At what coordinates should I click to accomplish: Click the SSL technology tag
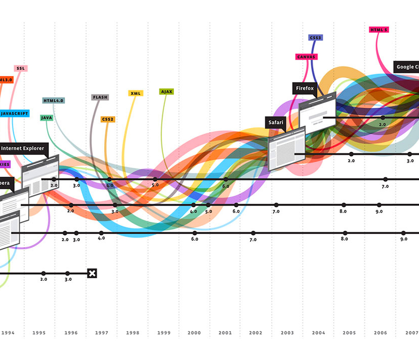[20, 69]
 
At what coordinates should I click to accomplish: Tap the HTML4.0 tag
[53, 100]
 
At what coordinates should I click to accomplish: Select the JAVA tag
[47, 118]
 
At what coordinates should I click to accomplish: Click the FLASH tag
[100, 97]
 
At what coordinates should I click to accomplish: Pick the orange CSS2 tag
[108, 119]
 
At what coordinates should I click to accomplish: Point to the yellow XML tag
[136, 93]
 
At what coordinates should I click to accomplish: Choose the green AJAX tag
[166, 91]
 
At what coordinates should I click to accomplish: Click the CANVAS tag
[306, 57]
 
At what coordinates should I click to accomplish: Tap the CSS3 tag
[316, 38]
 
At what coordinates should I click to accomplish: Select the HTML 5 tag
[379, 30]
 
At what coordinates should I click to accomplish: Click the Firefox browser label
[305, 88]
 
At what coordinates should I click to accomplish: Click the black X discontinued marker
[92, 273]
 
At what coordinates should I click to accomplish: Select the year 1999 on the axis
[163, 333]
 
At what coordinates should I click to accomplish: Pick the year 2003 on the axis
[287, 333]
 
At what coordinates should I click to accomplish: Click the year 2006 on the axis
[380, 333]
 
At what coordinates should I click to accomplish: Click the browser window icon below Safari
[286, 148]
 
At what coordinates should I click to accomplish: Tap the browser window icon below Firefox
[317, 111]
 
